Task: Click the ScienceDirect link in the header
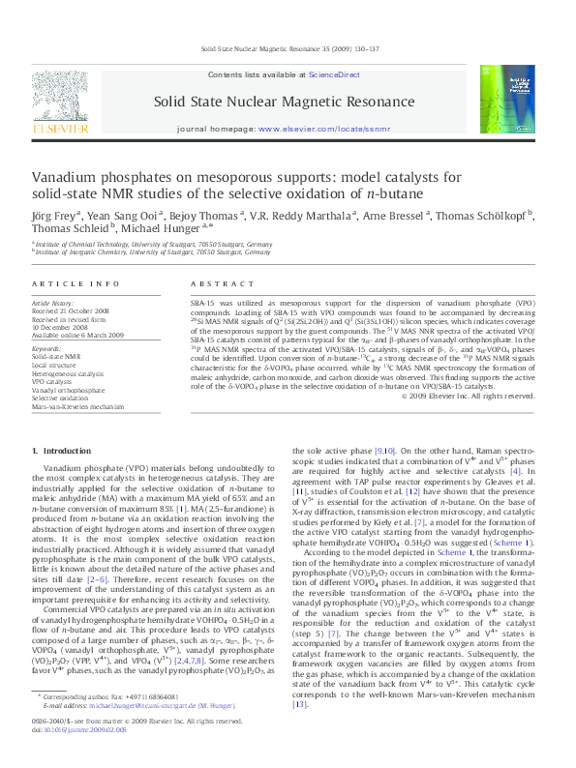pyautogui.click(x=334, y=74)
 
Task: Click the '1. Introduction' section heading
pyautogui.click(x=62, y=451)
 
